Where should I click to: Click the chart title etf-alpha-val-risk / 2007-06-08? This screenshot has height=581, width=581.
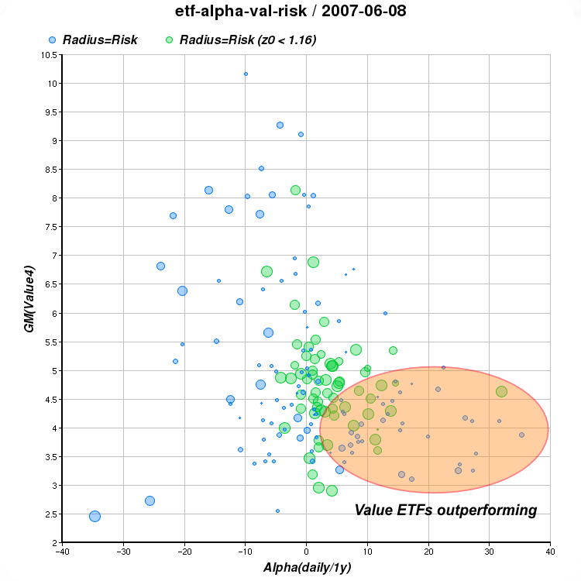click(x=290, y=12)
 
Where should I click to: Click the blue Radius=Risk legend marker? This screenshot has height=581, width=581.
click(x=52, y=40)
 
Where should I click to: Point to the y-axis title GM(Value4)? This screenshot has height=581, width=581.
click(x=29, y=298)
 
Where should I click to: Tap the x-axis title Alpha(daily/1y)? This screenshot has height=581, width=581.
click(x=306, y=568)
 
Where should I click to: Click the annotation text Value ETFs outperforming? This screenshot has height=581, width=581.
click(x=445, y=510)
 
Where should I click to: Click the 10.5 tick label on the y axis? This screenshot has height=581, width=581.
click(x=47, y=54)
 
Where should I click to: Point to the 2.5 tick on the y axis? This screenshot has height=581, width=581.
click(x=50, y=514)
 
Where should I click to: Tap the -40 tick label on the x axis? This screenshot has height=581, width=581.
click(x=63, y=552)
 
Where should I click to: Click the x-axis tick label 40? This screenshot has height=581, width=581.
click(x=549, y=552)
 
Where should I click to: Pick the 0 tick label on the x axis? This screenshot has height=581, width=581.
click(x=306, y=552)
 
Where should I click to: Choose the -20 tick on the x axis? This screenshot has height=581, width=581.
click(x=184, y=552)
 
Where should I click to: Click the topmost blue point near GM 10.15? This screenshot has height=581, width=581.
click(x=246, y=74)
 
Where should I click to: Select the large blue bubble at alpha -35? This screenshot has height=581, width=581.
click(x=95, y=516)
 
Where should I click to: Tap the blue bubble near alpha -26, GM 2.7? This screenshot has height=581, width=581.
click(x=150, y=500)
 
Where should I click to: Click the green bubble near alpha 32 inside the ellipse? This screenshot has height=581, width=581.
click(x=501, y=392)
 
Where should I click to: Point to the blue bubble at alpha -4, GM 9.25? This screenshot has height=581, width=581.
click(x=280, y=125)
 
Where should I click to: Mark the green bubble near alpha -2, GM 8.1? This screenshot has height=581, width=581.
click(x=295, y=190)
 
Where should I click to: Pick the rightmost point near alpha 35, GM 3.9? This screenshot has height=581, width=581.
click(x=521, y=435)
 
